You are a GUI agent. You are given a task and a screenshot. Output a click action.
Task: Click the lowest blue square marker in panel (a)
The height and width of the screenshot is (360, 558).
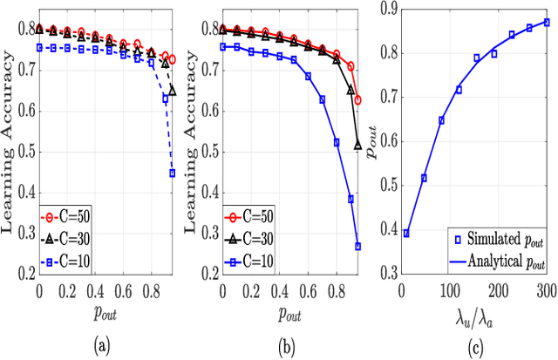coord(173,173)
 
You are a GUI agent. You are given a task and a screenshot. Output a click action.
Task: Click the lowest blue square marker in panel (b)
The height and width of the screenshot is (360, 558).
coord(358,247)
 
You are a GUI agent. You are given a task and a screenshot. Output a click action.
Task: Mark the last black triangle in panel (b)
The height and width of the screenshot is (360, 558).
coord(358,146)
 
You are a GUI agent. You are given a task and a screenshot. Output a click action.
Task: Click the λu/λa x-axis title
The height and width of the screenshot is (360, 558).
coord(474,315)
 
